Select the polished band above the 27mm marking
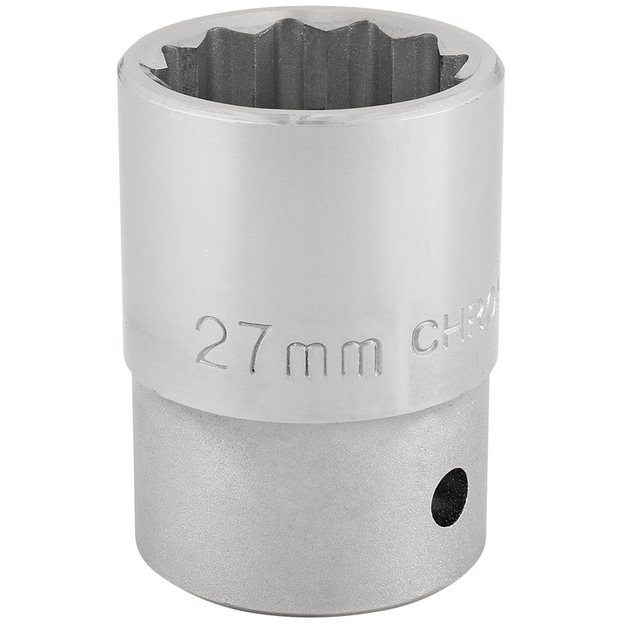[306, 219]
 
